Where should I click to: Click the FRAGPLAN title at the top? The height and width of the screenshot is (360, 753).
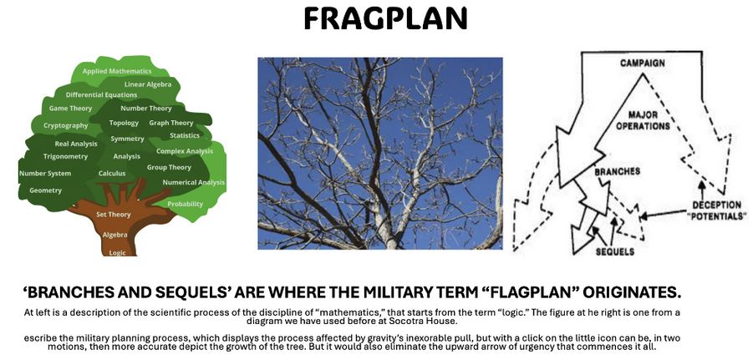tap(385, 18)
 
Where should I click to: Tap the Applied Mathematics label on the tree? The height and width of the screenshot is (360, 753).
tap(117, 71)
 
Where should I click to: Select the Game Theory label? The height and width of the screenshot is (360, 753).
tap(70, 109)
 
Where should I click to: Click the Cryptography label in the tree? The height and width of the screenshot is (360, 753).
tap(66, 126)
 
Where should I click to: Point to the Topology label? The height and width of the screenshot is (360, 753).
tap(124, 123)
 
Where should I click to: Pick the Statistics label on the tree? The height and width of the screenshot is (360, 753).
tap(185, 135)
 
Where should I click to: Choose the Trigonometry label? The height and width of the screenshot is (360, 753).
tap(65, 156)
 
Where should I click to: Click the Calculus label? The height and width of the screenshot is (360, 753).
tap(112, 173)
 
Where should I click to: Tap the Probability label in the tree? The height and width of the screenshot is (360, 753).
tap(185, 204)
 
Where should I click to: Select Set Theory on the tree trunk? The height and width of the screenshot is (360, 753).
tap(114, 215)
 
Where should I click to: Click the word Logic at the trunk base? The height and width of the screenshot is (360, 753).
tap(118, 252)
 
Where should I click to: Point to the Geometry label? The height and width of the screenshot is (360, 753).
tap(46, 190)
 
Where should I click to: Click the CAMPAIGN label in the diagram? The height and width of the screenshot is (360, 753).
tap(643, 63)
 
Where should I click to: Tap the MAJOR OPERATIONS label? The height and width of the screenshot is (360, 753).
tap(643, 120)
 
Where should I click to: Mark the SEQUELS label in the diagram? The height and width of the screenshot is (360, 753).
tap(615, 251)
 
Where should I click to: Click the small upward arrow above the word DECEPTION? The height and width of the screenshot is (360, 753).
tap(702, 190)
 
